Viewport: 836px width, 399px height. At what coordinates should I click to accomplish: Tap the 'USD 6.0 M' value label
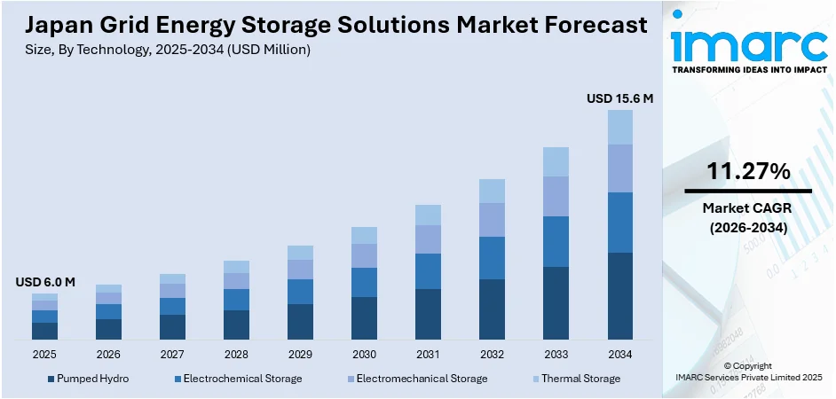tap(45, 282)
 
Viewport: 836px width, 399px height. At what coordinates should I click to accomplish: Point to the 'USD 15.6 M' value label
tap(619, 99)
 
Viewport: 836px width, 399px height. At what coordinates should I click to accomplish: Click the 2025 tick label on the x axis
tap(44, 354)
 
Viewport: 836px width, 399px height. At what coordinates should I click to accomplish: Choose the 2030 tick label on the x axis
tap(364, 354)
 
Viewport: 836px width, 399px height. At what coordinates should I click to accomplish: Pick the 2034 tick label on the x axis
tap(619, 354)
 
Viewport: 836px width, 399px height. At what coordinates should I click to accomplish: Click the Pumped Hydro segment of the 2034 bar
tap(619, 296)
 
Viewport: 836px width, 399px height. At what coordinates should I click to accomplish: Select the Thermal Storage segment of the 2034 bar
tap(619, 127)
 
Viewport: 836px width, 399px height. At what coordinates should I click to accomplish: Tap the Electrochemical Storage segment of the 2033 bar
tap(556, 241)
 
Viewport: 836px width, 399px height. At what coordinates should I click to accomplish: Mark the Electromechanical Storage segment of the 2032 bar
tap(492, 220)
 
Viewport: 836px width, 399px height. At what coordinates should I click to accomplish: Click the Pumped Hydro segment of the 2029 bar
tap(300, 322)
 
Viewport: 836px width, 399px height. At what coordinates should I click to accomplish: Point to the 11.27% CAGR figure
tap(748, 172)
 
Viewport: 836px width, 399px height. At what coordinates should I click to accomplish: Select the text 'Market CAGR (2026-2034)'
tap(748, 217)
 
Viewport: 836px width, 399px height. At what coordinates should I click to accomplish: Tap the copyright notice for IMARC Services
tap(747, 372)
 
